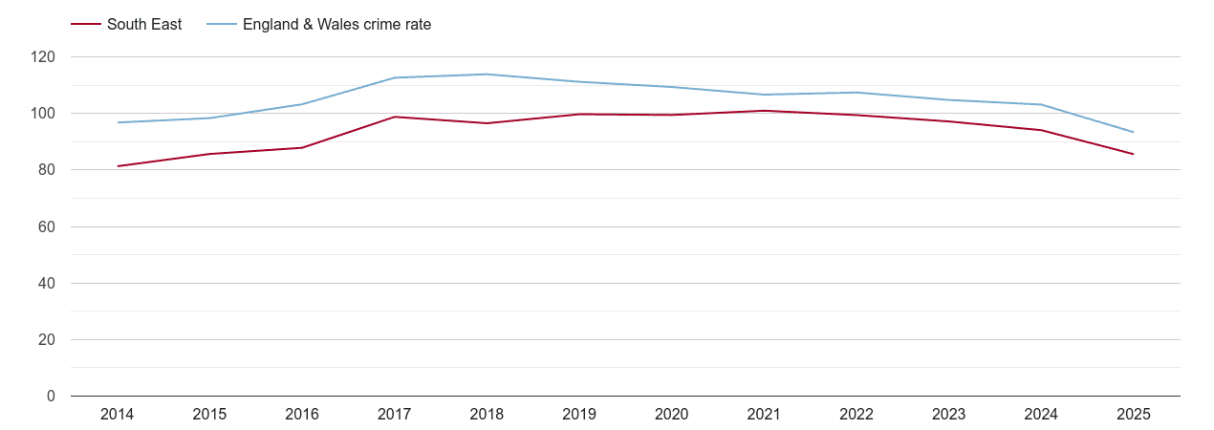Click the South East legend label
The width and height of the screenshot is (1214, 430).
tap(144, 25)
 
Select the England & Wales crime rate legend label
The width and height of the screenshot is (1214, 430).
tap(336, 25)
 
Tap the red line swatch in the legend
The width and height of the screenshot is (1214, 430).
tap(86, 25)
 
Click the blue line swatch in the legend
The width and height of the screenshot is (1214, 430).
tap(222, 25)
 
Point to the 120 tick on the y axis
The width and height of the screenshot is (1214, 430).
tap(43, 57)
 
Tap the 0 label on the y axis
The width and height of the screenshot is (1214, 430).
tap(51, 397)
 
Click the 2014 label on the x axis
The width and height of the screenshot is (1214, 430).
tap(117, 415)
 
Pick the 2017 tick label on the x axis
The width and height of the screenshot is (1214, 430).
tap(394, 415)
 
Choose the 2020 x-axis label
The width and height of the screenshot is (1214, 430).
tap(671, 415)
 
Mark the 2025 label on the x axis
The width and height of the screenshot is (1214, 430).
tap(1133, 415)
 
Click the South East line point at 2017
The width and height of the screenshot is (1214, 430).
tap(394, 117)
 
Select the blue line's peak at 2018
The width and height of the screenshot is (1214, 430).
tap(487, 75)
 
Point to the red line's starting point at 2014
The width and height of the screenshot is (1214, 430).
tap(117, 166)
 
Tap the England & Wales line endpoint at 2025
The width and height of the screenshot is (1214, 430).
tap(1133, 132)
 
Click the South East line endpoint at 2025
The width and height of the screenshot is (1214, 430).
tap(1133, 154)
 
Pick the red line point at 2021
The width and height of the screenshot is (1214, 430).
tap(764, 111)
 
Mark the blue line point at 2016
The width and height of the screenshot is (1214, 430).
tap(302, 104)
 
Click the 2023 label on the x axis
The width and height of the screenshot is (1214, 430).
tap(948, 415)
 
